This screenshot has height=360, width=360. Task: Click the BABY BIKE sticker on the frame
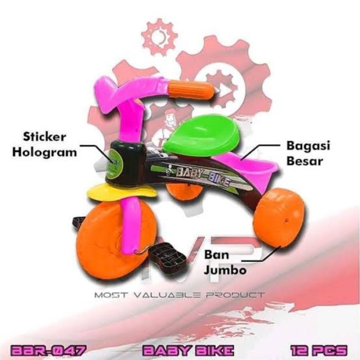point(202,176)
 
